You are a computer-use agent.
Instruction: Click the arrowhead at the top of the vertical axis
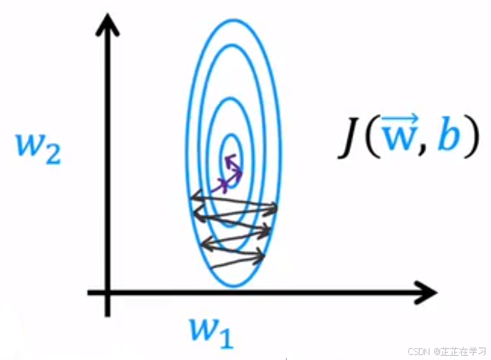[x=109, y=22]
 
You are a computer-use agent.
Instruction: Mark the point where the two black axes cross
[x=109, y=292]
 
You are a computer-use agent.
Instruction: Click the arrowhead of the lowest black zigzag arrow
[x=265, y=254]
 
